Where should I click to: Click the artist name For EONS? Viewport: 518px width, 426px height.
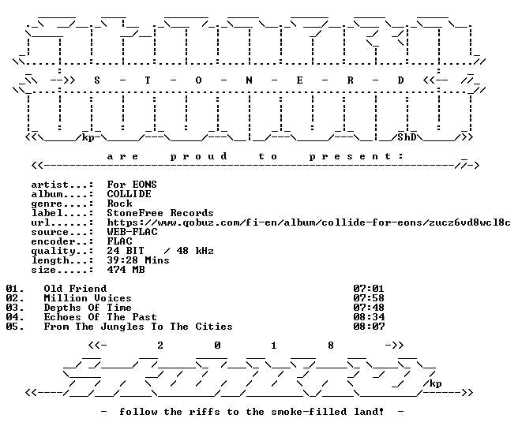tap(132, 185)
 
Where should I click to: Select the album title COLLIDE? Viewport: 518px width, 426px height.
tap(129, 194)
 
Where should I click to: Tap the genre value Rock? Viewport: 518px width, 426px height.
tap(119, 204)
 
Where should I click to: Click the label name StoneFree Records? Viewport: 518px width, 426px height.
tap(160, 213)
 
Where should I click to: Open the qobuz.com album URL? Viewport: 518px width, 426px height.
tap(309, 222)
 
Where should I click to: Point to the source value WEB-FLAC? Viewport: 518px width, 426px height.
tap(132, 232)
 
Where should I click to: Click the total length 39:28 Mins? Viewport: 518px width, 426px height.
tap(138, 260)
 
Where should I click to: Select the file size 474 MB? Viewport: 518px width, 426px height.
tap(126, 270)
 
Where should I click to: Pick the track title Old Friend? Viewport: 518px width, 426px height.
tap(75, 289)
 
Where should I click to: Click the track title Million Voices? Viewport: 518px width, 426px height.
tap(88, 298)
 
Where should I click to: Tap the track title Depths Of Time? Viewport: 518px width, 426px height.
tap(88, 308)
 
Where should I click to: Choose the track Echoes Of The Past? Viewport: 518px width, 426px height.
tap(100, 317)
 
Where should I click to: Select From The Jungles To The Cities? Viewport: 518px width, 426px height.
tap(138, 327)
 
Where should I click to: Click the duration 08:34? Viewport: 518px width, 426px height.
tap(369, 317)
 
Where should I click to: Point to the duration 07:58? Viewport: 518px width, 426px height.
tap(369, 298)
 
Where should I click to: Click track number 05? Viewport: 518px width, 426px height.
tap(15, 327)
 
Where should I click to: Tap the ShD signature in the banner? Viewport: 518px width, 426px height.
tap(407, 137)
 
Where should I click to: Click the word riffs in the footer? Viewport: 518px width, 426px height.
tap(205, 412)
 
